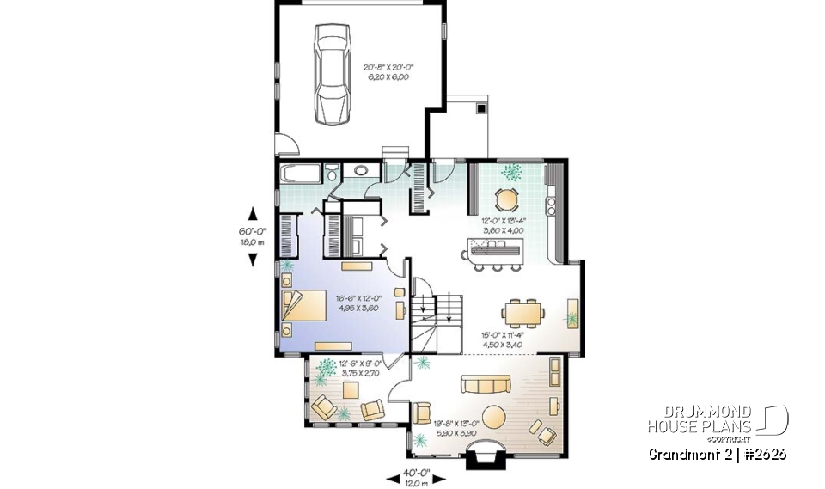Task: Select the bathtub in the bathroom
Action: pos(300,174)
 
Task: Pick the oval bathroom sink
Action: pos(362,169)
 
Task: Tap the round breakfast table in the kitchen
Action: pos(508,199)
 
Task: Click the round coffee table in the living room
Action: pos(497,419)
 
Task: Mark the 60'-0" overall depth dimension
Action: pos(253,237)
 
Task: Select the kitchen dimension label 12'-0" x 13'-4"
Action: pos(504,225)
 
